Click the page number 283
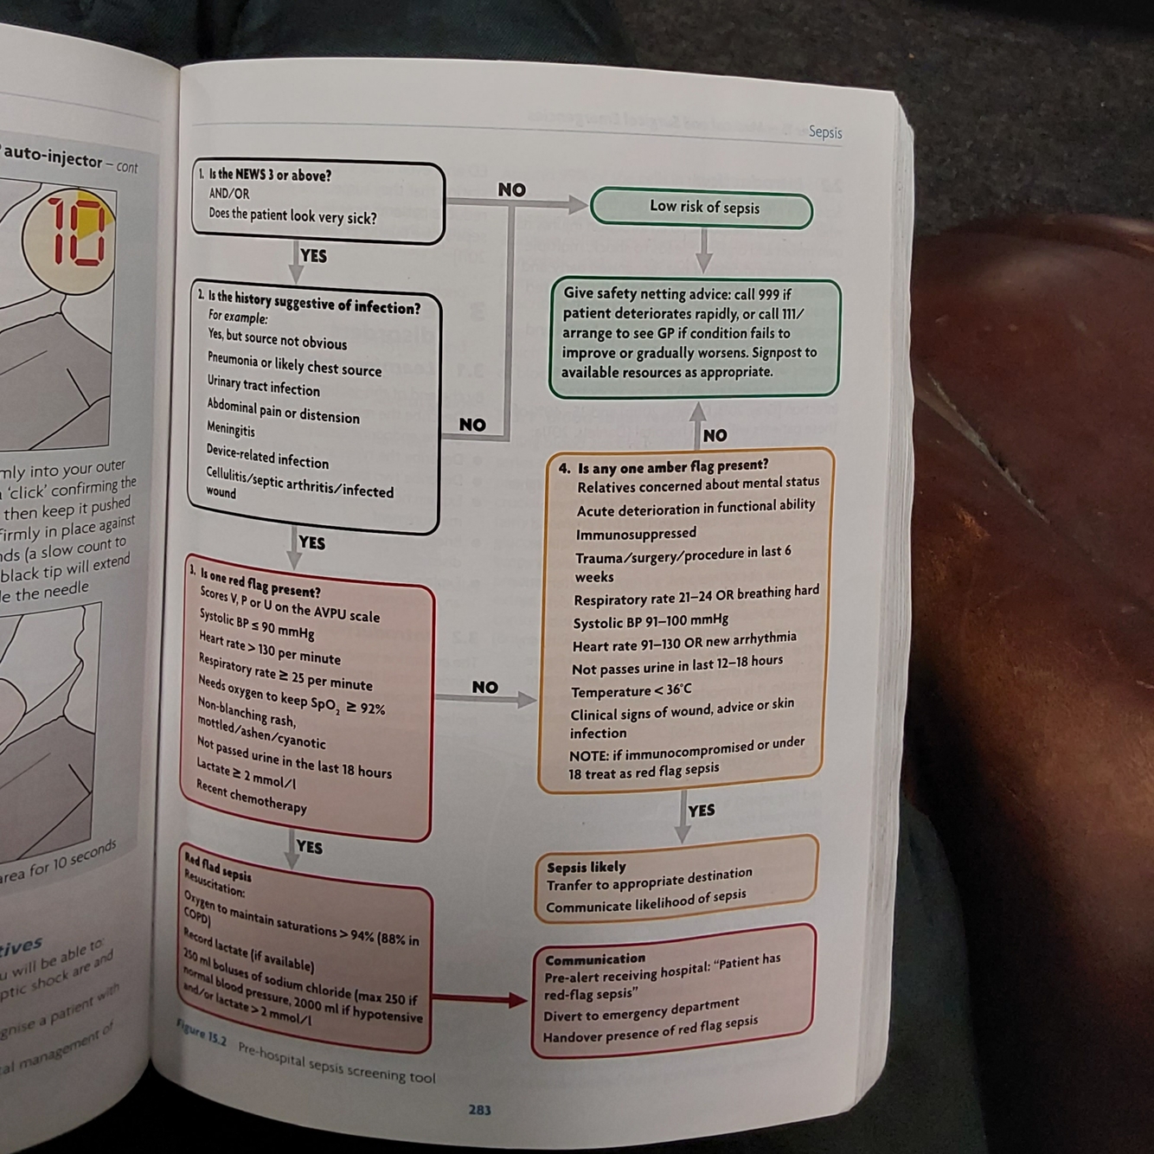tap(479, 1110)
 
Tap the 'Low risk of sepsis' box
tap(702, 208)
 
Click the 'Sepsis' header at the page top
tap(824, 132)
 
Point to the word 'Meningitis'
tap(230, 429)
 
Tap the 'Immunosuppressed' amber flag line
tap(636, 533)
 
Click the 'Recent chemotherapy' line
tap(251, 798)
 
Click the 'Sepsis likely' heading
tap(586, 866)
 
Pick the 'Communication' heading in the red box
tap(595, 958)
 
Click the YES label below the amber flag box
tap(701, 811)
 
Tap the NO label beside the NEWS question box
tap(511, 189)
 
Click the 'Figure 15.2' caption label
tap(202, 1035)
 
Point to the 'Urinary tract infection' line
tap(263, 385)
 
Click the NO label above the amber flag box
tap(715, 435)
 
